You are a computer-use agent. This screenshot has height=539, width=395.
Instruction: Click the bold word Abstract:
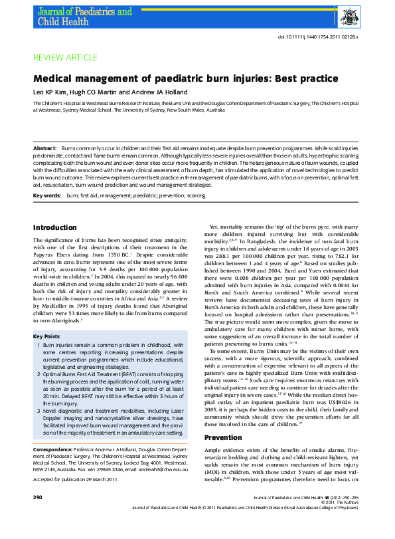pos(45,147)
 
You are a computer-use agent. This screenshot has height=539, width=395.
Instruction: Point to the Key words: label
pos(47,196)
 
